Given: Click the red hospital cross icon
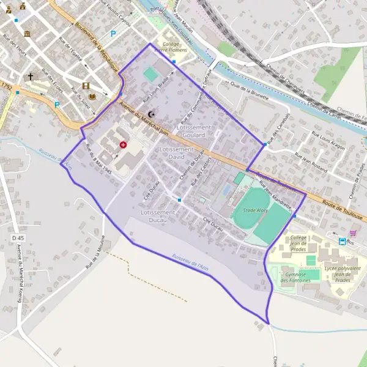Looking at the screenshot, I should point(124,145).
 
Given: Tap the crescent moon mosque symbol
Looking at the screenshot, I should point(152,114).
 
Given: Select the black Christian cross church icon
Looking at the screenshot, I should point(31,78).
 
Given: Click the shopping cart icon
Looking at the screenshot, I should point(352,232).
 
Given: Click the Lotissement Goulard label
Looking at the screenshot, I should point(193,130).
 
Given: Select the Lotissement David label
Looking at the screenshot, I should point(176,153).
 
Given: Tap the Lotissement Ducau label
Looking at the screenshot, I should point(158,215).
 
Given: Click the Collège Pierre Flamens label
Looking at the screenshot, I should point(174,47).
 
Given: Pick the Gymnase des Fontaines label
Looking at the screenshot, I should point(296,277).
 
